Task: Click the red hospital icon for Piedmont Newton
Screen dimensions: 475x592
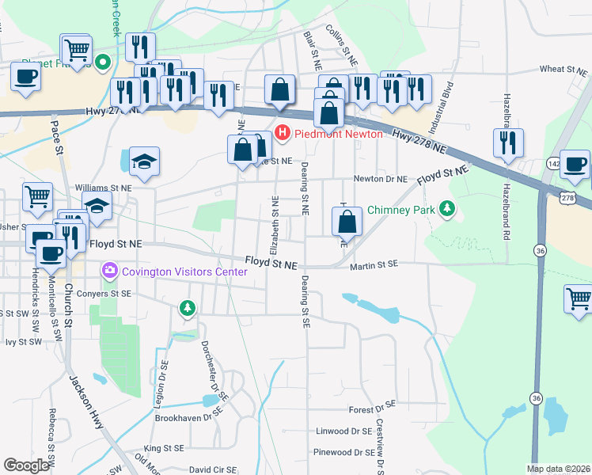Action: tap(280, 134)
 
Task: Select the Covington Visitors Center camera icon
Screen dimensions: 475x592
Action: tap(108, 272)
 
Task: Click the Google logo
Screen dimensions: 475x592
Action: tap(26, 465)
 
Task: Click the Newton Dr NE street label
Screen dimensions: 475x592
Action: tap(380, 180)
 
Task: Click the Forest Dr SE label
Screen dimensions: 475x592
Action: tap(371, 410)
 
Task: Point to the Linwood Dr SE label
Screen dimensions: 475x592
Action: tap(343, 431)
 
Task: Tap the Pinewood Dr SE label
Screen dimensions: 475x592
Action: tap(343, 453)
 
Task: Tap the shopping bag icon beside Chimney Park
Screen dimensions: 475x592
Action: tap(347, 222)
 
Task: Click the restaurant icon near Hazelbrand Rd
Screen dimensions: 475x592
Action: tap(507, 143)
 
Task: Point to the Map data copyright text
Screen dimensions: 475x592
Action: tap(557, 469)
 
